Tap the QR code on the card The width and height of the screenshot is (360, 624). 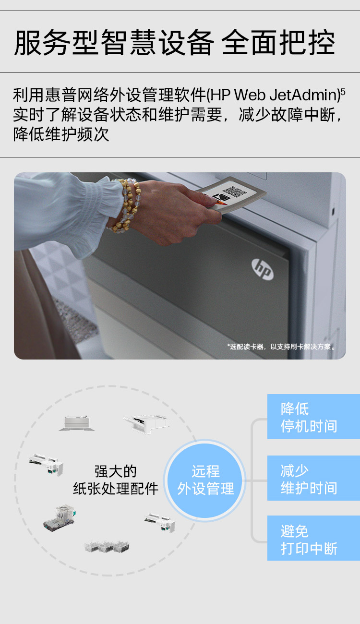(235, 192)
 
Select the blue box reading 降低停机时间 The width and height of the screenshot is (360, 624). (313, 417)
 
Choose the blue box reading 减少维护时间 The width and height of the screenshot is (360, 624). (313, 478)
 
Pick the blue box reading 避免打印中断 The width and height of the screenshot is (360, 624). (313, 539)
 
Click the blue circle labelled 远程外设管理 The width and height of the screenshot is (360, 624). (205, 480)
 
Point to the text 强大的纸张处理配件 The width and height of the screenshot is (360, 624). (116, 480)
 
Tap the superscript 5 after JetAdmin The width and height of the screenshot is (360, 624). (343, 91)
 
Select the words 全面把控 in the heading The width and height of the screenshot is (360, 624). (278, 43)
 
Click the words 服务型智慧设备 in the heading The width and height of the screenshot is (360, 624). (114, 43)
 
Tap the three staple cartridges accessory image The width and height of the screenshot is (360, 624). (107, 546)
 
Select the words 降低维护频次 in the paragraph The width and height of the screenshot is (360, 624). (61, 134)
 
